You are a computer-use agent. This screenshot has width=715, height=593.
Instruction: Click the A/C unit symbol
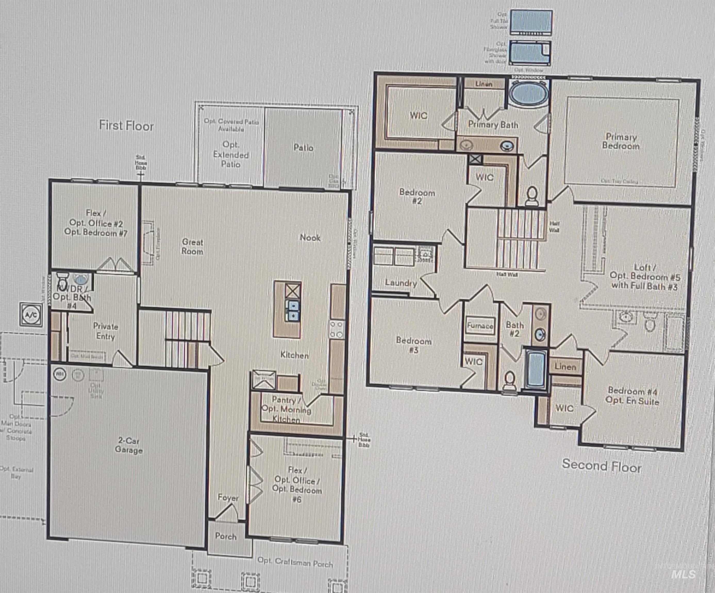coord(31,315)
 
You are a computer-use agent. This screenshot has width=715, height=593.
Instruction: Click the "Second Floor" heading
coord(602,466)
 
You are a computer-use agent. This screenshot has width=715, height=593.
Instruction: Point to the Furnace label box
coord(480,326)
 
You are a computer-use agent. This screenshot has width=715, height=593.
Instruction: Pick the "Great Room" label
coord(192,247)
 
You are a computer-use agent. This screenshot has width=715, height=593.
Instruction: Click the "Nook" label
coord(310,237)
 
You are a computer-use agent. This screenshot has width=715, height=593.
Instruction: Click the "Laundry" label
coord(401,283)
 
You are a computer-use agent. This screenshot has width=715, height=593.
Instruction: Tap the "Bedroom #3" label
coord(414,345)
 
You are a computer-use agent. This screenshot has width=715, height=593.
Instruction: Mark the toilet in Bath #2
coord(510,380)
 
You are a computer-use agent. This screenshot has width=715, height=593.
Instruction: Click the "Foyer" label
coord(228,498)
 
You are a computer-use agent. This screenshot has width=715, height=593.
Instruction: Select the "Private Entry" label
coord(105,331)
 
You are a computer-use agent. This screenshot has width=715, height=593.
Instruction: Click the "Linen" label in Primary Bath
coord(484,84)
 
